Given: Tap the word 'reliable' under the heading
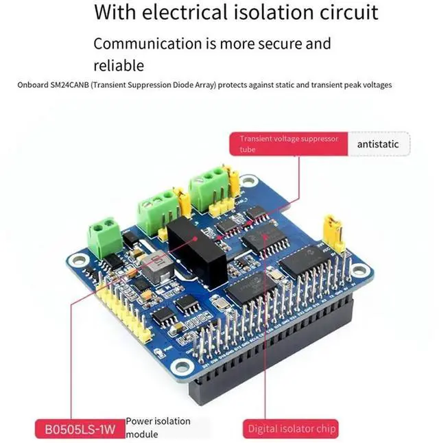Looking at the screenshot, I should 119,65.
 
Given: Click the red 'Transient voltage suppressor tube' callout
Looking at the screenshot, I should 289,144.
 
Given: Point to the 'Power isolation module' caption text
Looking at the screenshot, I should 158,427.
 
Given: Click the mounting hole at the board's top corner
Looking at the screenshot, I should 249,181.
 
